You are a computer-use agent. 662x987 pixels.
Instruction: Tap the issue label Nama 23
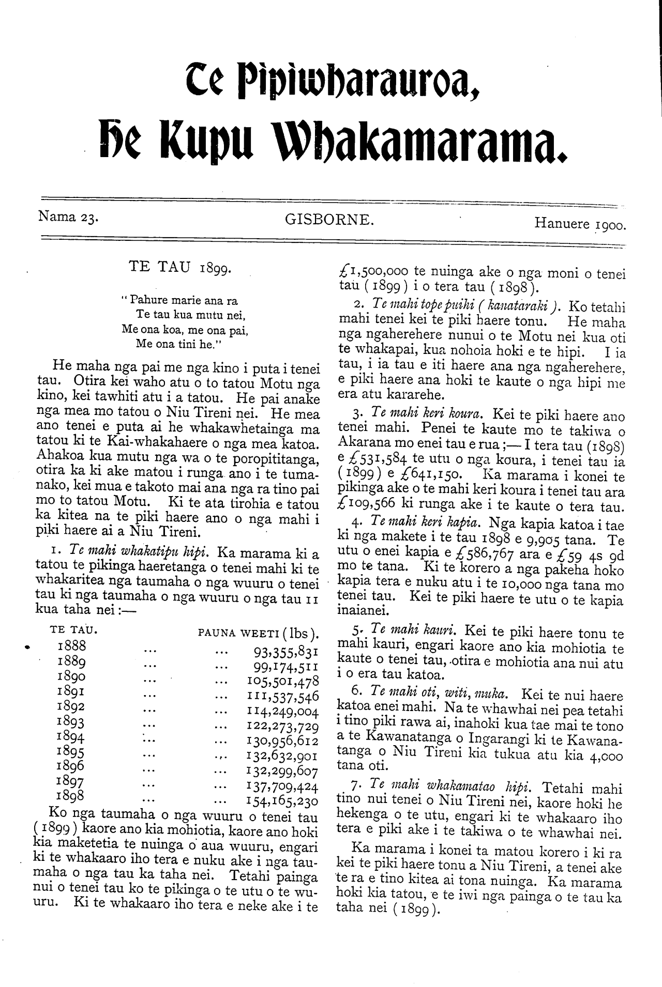[x=69, y=217]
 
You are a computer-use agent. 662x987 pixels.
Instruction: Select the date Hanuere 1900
[x=580, y=224]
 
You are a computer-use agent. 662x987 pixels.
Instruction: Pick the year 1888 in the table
[x=72, y=646]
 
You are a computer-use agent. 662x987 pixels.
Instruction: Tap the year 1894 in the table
[x=72, y=736]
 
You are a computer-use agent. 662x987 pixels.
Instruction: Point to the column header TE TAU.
[x=74, y=630]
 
